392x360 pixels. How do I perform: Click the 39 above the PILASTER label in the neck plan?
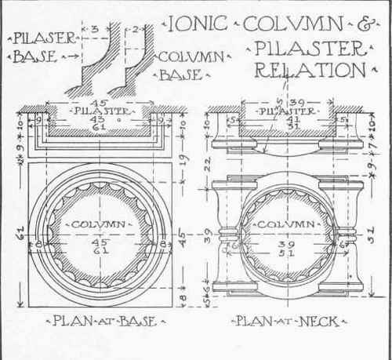pyautogui.click(x=296, y=102)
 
